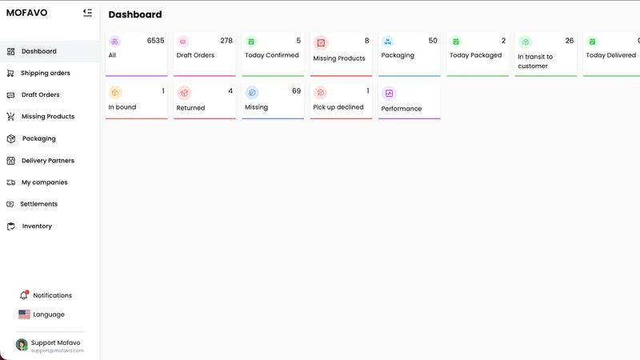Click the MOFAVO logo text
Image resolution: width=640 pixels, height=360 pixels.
[x=27, y=13]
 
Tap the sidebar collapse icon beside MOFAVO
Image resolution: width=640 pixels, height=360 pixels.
[x=87, y=13]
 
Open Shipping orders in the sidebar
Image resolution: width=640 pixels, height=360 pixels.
[x=46, y=73]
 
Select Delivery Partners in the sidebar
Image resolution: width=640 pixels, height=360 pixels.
[x=48, y=161]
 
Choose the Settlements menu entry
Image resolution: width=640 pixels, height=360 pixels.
[x=38, y=204]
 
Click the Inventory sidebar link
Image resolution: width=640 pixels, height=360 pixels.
[x=37, y=226]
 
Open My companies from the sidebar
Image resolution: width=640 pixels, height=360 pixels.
[x=45, y=182]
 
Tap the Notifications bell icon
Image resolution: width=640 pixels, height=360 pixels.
[x=24, y=294]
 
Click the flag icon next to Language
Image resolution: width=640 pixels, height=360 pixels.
[x=25, y=314]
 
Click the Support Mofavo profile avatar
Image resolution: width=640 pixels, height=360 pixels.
[x=22, y=345]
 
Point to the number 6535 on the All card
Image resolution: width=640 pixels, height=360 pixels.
[x=155, y=41]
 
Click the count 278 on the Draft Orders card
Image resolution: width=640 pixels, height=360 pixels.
[x=226, y=41]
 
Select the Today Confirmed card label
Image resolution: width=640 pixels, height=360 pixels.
[x=272, y=55]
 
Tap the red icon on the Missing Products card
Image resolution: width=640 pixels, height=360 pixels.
[x=322, y=43]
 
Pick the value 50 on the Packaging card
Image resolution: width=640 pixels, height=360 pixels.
[x=433, y=41]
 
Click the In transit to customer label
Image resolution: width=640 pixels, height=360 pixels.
[x=535, y=62]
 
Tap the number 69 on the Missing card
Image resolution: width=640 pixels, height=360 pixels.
[x=296, y=91]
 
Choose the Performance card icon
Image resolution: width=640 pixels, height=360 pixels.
[x=389, y=94]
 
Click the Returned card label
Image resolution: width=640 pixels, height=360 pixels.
[x=190, y=108]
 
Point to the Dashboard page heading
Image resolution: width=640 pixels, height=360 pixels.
[x=135, y=14]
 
